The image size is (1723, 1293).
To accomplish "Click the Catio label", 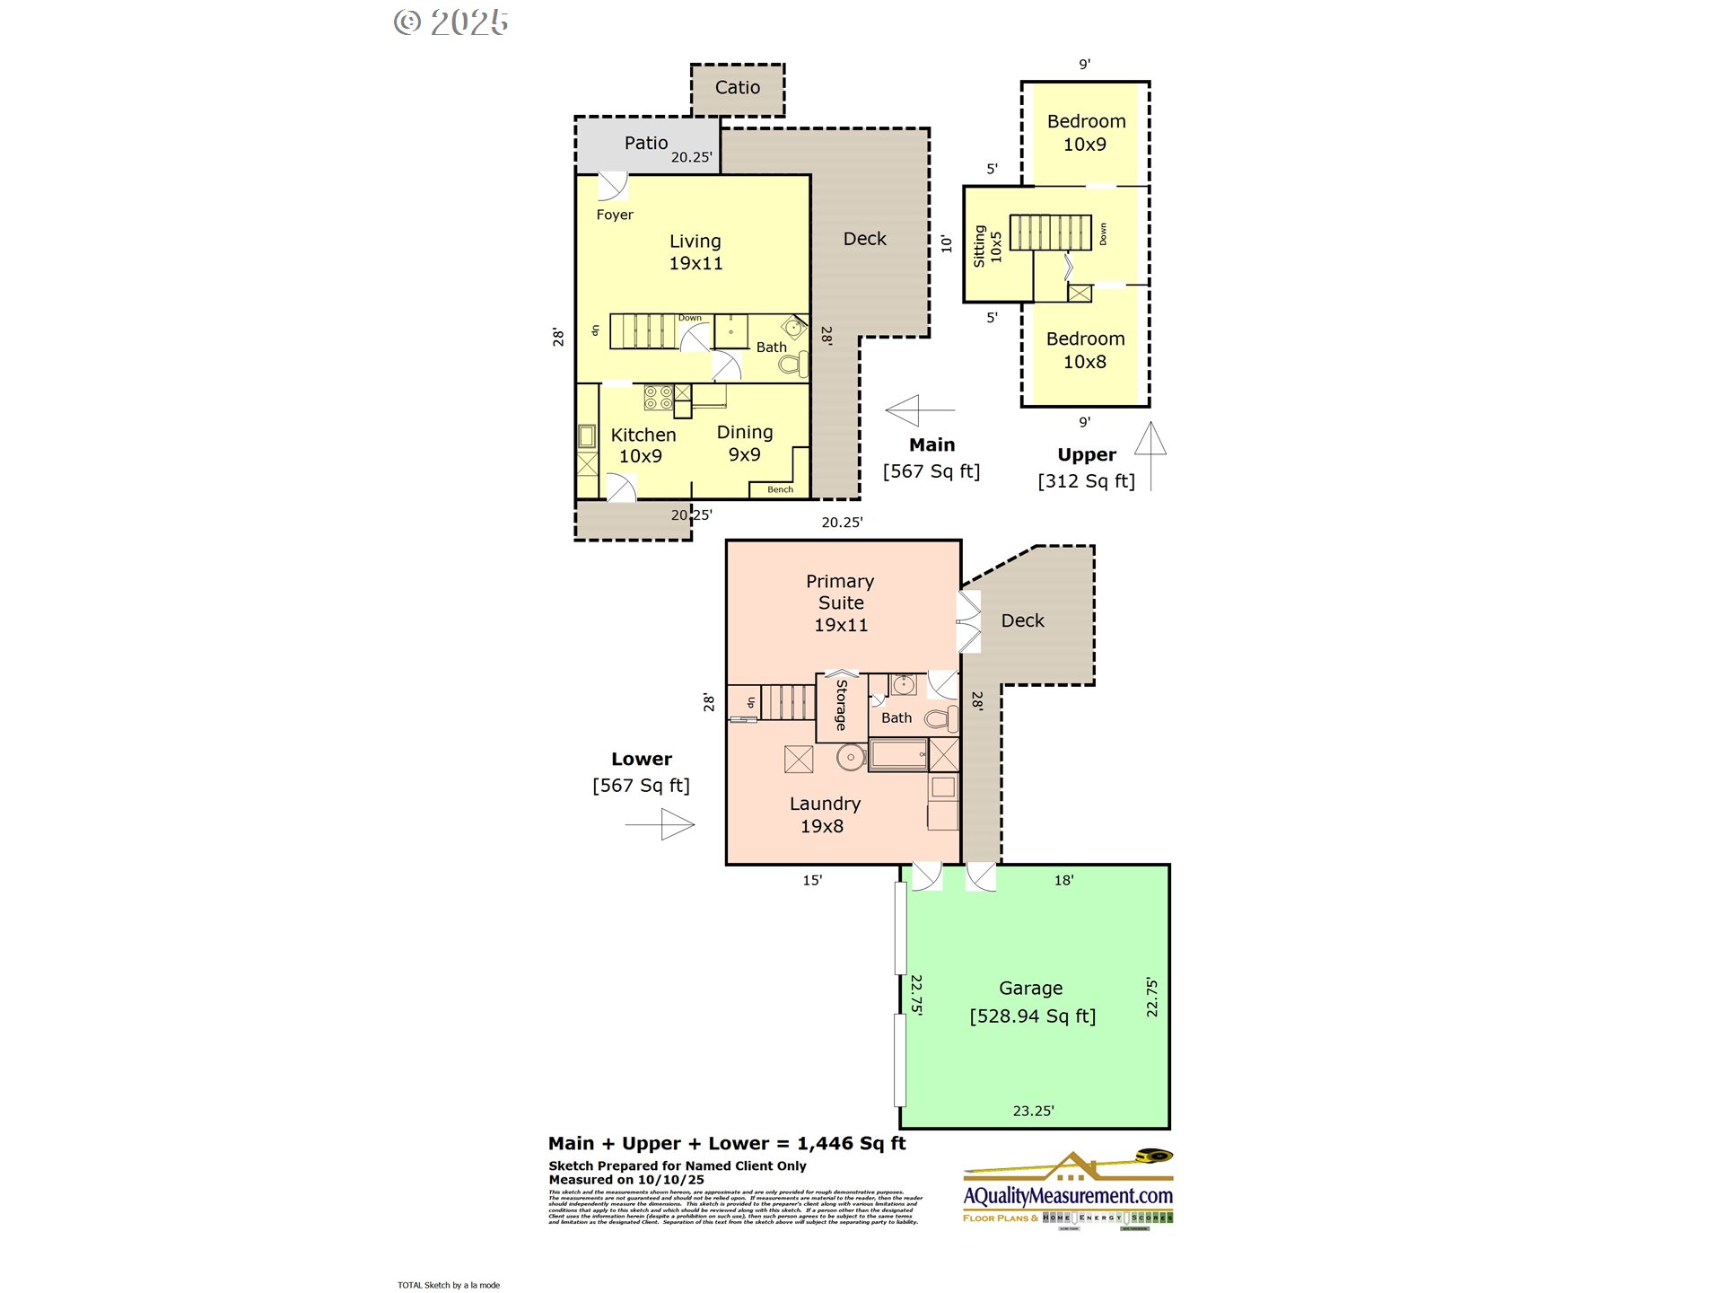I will coord(737,88).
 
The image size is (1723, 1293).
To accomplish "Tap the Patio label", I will coord(645,144).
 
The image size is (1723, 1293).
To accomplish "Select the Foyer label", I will coord(615,215).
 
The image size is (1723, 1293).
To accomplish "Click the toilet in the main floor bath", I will coord(794,364).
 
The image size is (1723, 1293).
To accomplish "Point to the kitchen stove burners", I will coord(659,397).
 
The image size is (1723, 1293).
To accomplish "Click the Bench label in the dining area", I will coord(780,490).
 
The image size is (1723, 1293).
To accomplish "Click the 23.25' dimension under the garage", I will coord(1033,1112).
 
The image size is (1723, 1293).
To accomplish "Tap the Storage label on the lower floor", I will coord(841,706).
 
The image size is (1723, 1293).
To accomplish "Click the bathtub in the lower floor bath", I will coord(898,754).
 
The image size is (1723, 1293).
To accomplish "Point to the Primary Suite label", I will coord(840,603).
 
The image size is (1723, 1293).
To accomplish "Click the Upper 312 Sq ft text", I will coord(1086,469).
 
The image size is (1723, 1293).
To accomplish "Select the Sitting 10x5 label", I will coord(987,245).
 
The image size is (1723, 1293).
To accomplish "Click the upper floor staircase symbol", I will coord(1050,233).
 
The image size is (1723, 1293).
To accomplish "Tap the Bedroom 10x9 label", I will coord(1086,133).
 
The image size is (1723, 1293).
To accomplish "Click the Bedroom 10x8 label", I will coord(1085,350).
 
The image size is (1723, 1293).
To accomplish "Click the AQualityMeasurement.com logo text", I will coord(1068,1196).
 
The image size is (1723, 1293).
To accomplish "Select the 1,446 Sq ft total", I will coord(851,1144).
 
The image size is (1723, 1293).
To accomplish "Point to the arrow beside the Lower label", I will coord(660,824).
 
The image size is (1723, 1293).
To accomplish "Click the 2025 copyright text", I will coord(451,23).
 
